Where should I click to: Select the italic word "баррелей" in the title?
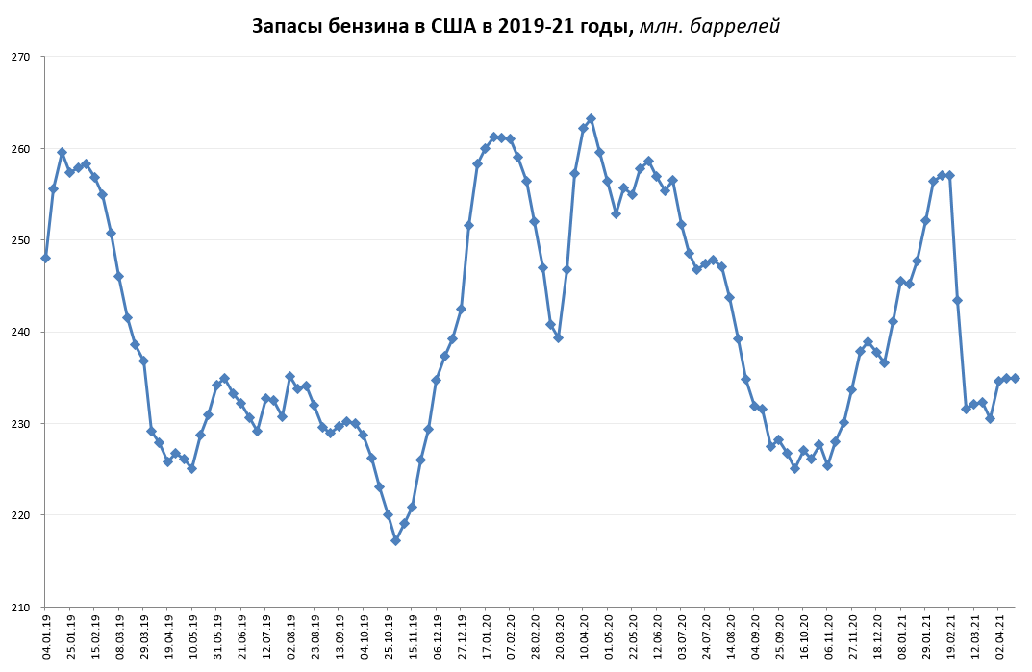tap(737, 26)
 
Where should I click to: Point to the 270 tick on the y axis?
tap(21, 57)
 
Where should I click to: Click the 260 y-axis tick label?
tap(21, 149)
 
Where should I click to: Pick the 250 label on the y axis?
tap(21, 240)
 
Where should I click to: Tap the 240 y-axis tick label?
tap(21, 332)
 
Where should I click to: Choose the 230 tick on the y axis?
tap(21, 424)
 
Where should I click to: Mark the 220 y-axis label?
tap(21, 515)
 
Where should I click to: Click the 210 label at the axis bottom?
tap(21, 607)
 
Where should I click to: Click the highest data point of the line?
tap(591, 118)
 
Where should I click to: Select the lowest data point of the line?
tap(395, 540)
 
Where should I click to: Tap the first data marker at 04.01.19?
tap(45, 258)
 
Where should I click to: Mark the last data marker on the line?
tap(1015, 378)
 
